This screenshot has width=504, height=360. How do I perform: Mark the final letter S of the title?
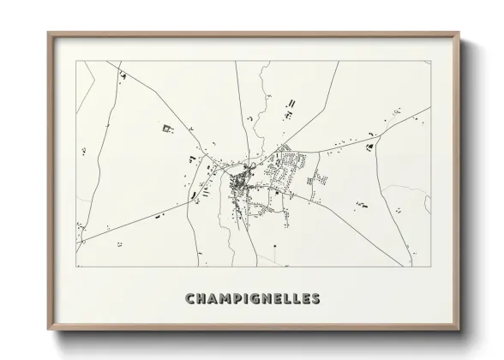(x=315, y=299)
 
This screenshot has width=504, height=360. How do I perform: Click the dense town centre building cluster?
(x=240, y=181)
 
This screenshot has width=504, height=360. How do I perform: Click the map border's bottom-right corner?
(x=429, y=267)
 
